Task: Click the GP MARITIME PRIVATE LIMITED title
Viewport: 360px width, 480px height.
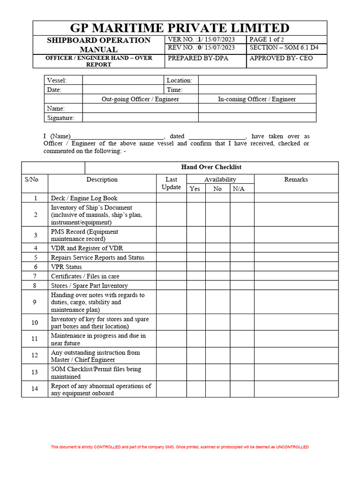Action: [x=180, y=28]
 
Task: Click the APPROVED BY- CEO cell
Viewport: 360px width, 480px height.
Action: [x=281, y=58]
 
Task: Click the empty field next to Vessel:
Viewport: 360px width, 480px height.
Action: [x=123, y=80]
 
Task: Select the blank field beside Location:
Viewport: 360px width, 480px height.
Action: [x=257, y=80]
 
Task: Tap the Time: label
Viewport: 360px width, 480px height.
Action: [x=175, y=90]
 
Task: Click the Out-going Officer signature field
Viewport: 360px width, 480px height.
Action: [x=140, y=118]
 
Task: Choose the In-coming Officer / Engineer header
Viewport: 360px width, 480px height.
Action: [x=257, y=99]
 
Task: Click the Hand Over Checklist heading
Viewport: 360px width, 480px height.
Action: [x=211, y=167]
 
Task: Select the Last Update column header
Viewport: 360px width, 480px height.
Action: [x=171, y=183]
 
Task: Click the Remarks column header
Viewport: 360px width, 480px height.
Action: [x=296, y=180]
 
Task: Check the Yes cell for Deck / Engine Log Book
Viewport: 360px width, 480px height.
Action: [x=196, y=198]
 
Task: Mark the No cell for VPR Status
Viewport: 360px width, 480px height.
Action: [x=217, y=267]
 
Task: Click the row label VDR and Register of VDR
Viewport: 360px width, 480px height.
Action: [x=87, y=248]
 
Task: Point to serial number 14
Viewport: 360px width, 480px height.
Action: [x=35, y=389]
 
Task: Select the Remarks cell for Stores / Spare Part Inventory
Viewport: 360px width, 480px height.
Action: [x=296, y=285]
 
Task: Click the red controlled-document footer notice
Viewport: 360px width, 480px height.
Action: [x=180, y=447]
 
